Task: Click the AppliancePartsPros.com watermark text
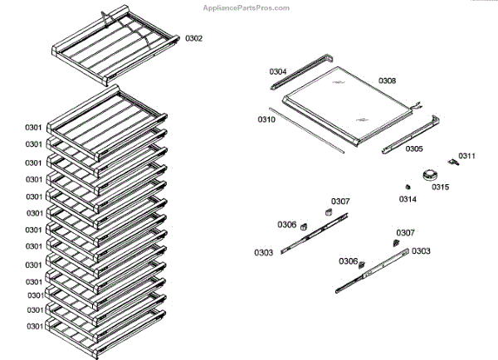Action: [x=247, y=7]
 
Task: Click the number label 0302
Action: [x=193, y=39]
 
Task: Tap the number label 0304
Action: [x=278, y=72]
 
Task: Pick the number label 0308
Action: [x=387, y=80]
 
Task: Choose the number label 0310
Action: [x=266, y=119]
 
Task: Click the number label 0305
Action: [x=413, y=149]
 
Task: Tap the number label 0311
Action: [x=466, y=156]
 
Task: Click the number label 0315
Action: [x=440, y=187]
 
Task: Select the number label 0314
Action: [x=408, y=199]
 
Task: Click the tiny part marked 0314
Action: [x=410, y=185]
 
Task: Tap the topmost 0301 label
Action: [x=33, y=127]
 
